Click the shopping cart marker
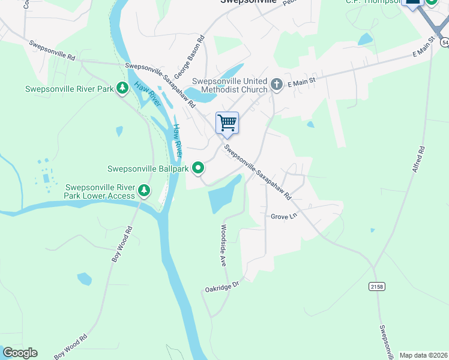coord(228,123)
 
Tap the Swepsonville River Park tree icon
coord(122,89)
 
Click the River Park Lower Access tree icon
coord(144,191)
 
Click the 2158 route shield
coord(376,287)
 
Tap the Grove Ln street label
coord(284,216)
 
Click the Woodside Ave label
coord(223,245)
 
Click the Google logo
coord(20,353)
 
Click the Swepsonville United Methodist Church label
coord(230,85)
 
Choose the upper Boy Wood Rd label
coord(122,244)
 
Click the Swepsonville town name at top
coord(248,2)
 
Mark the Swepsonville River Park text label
coord(70,89)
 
